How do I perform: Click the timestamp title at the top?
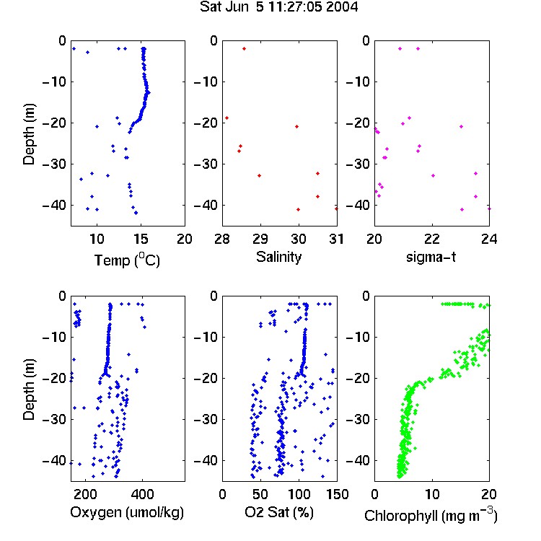click(x=278, y=7)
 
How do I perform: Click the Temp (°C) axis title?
click(x=127, y=260)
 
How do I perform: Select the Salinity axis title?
click(x=278, y=257)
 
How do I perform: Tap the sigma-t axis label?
click(x=431, y=257)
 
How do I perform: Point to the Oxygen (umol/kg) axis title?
click(x=127, y=512)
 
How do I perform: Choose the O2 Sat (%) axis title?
click(x=278, y=512)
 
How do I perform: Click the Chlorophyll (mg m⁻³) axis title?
click(x=431, y=515)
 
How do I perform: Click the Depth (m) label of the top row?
click(x=29, y=134)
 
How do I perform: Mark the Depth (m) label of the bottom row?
click(x=29, y=390)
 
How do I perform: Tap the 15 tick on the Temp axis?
click(x=141, y=239)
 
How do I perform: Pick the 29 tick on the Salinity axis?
click(x=260, y=239)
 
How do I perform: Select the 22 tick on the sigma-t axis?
click(x=432, y=239)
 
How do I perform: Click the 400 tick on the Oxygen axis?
click(x=142, y=494)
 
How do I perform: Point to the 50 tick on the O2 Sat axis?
click(x=260, y=494)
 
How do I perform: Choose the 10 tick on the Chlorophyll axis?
click(x=432, y=494)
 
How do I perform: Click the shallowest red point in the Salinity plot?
click(x=245, y=48)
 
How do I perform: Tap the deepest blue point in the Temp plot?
click(x=136, y=213)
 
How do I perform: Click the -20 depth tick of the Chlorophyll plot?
click(x=358, y=378)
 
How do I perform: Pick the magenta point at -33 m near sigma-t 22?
click(x=433, y=175)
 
